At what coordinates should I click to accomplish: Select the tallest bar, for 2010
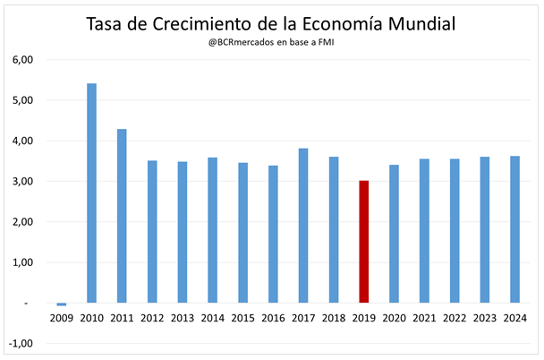pos(91,193)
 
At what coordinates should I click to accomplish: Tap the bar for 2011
pos(122,216)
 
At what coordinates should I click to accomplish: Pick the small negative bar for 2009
pos(61,304)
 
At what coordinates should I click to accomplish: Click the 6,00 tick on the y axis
pos(21,60)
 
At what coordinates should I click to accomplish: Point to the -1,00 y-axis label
pos(20,343)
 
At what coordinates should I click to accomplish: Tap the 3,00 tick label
pos(21,182)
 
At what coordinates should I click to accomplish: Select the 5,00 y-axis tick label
pos(21,100)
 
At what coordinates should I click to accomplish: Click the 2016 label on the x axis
pos(273,318)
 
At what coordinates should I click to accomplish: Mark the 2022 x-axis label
pos(455,318)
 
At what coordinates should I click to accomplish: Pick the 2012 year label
pos(152,318)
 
